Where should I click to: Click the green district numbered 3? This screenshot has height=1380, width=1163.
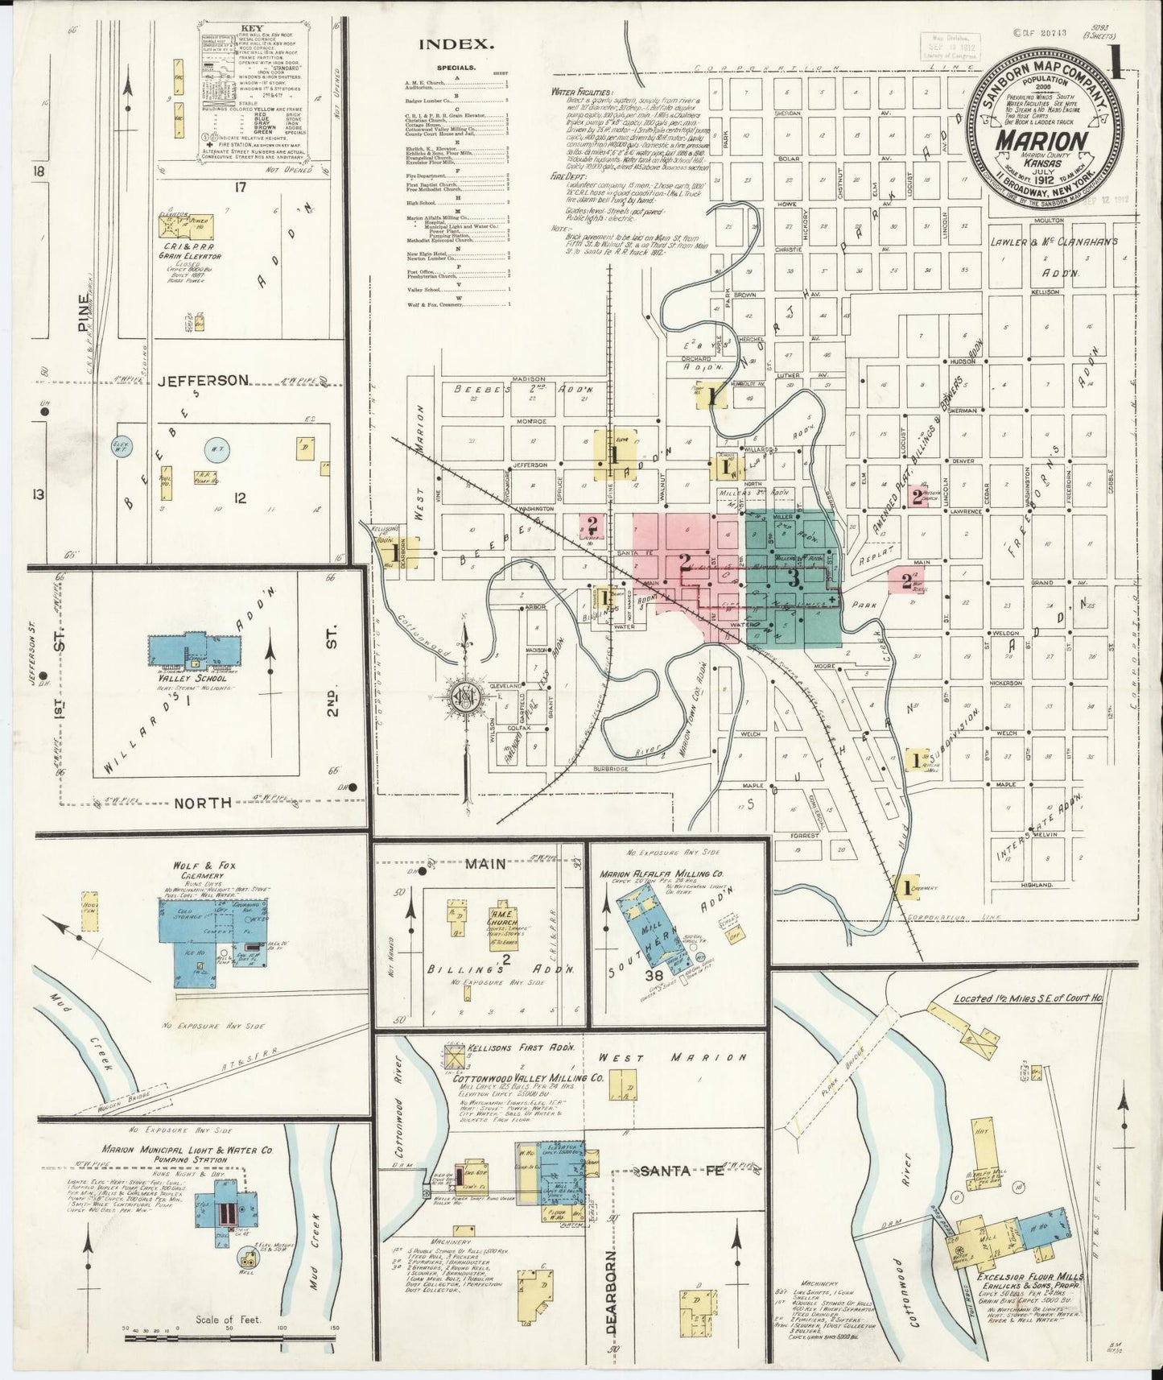pos(793,578)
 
